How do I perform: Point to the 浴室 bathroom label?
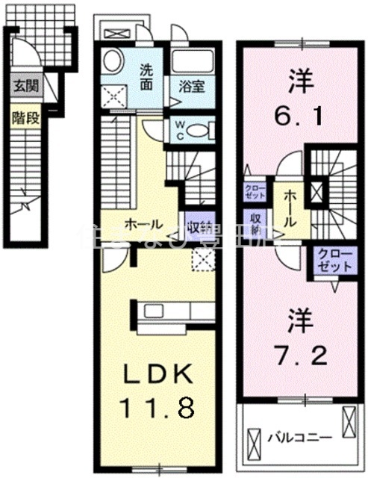coord(191,86)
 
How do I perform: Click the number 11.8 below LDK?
coord(158,407)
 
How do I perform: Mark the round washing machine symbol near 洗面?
coord(114,60)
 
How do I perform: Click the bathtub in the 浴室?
coord(193,61)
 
